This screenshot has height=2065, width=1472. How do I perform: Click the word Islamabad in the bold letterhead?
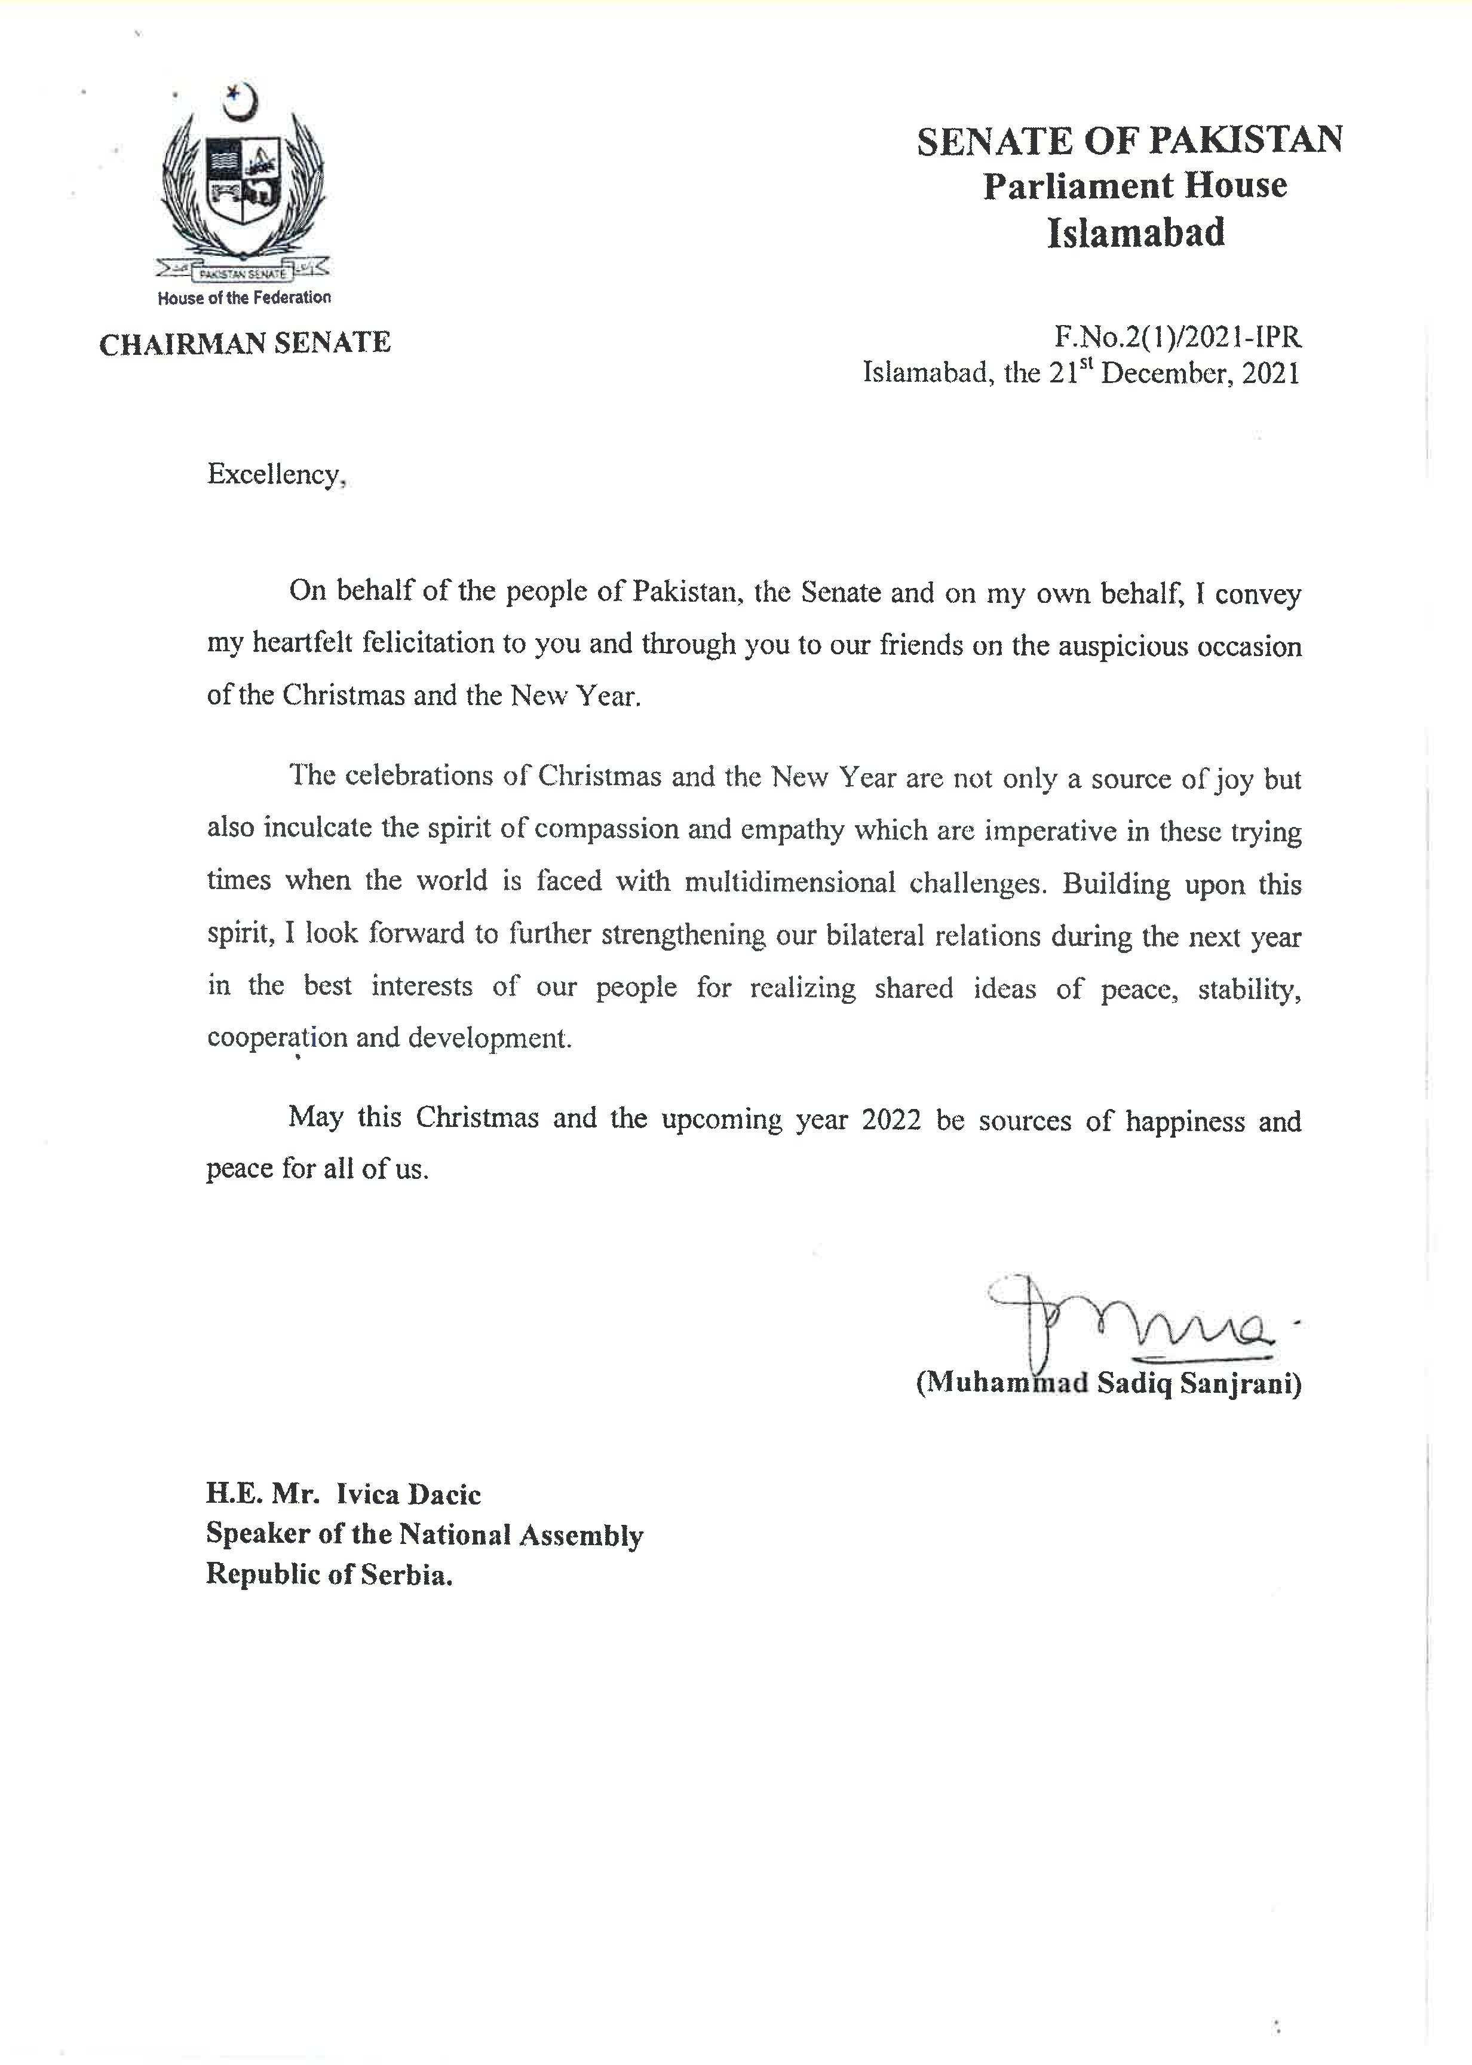click(x=1136, y=233)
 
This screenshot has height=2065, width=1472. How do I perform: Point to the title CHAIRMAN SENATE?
click(x=245, y=344)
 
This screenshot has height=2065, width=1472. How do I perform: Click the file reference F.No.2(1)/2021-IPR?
click(x=1177, y=338)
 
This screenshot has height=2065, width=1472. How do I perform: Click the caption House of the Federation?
click(x=244, y=298)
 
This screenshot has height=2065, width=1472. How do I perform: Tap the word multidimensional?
click(x=790, y=882)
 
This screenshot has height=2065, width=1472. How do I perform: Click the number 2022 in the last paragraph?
click(x=891, y=1120)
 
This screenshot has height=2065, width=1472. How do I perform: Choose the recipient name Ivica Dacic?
click(x=408, y=1494)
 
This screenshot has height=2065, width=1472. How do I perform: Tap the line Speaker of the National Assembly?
click(x=424, y=1534)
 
